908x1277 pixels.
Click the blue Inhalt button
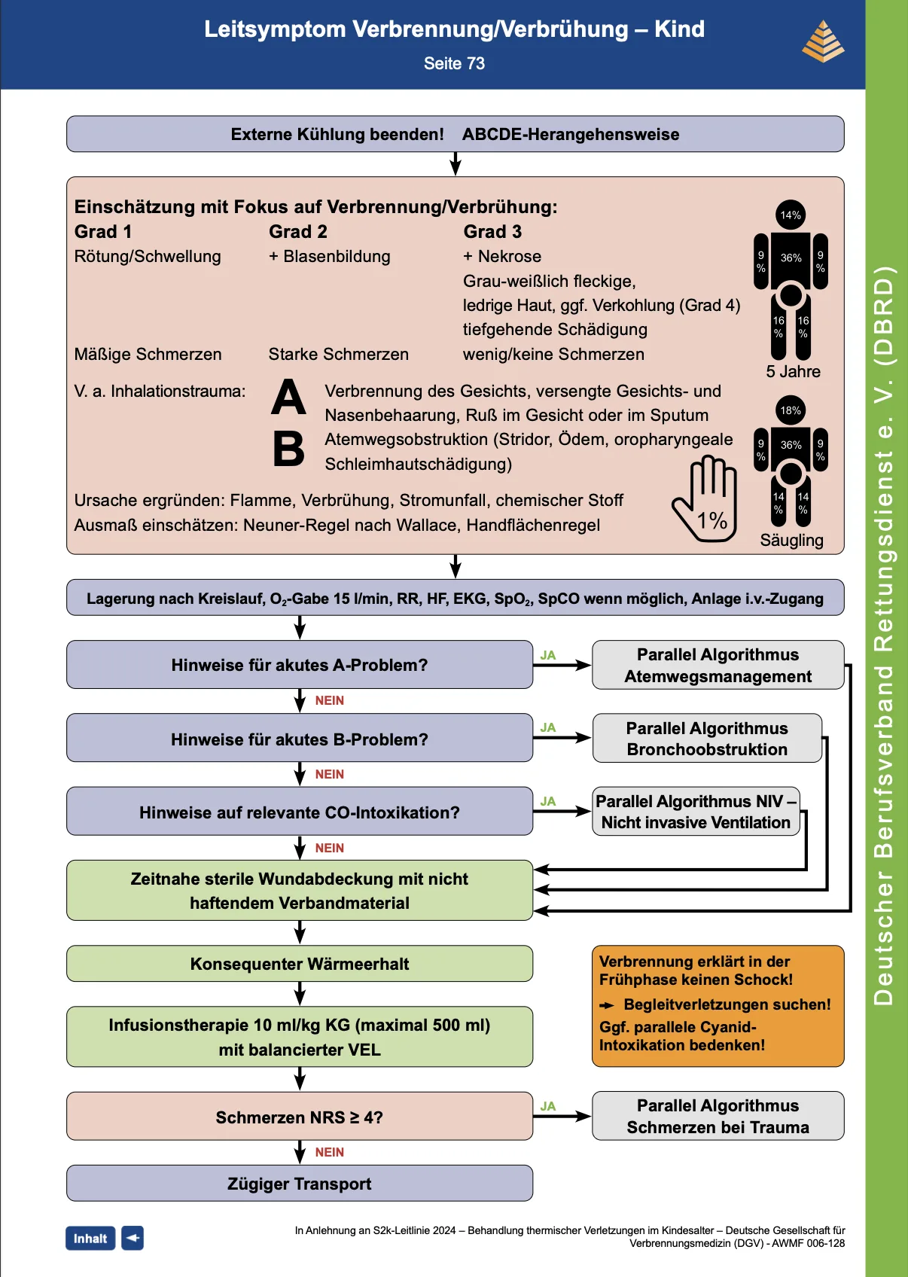(90, 1239)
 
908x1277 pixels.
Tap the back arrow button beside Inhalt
(133, 1239)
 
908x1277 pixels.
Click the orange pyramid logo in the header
(823, 41)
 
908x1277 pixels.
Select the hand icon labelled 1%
(705, 498)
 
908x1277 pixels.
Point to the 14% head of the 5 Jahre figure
(791, 215)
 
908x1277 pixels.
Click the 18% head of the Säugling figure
(791, 410)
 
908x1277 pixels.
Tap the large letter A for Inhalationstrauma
(288, 397)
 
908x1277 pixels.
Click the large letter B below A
(288, 448)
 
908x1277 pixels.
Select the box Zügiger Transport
(300, 1184)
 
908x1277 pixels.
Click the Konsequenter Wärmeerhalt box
(300, 964)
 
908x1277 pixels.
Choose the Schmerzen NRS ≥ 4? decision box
(300, 1116)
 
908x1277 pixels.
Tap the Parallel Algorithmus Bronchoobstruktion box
(707, 738)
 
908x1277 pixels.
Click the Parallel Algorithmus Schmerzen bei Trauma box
(718, 1116)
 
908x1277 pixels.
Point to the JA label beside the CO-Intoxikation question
(548, 802)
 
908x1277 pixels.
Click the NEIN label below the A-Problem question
(330, 701)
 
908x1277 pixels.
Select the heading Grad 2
(298, 232)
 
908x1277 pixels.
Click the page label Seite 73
(454, 63)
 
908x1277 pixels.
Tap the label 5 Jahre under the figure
(793, 372)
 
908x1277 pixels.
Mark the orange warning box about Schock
(718, 1006)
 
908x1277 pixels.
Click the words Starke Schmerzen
(339, 355)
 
